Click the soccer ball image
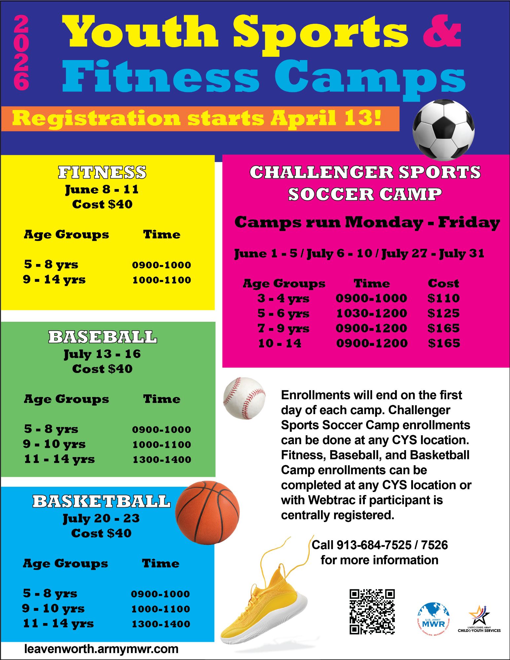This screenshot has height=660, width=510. pyautogui.click(x=443, y=130)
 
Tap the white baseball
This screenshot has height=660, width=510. pyautogui.click(x=244, y=398)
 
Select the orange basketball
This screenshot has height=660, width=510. pyautogui.click(x=207, y=512)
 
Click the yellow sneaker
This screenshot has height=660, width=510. pyautogui.click(x=264, y=601)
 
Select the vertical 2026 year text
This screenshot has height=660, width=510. pyautogui.click(x=21, y=53)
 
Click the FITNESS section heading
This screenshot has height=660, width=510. pyautogui.click(x=102, y=172)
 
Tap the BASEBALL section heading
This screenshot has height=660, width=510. pyautogui.click(x=103, y=337)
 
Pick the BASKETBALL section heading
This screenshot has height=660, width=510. pyautogui.click(x=101, y=501)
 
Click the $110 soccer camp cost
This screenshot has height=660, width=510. pyautogui.click(x=443, y=298)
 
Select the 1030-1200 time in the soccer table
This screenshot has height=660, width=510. pyautogui.click(x=371, y=313)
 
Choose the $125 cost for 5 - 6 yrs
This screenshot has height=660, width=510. pyautogui.click(x=443, y=313)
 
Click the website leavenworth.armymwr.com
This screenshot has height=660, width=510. pyautogui.click(x=101, y=649)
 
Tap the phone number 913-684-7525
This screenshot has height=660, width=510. pyautogui.click(x=374, y=545)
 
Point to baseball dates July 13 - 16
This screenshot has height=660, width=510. pyautogui.click(x=102, y=354)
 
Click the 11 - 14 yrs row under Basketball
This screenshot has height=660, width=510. pyautogui.click(x=58, y=623)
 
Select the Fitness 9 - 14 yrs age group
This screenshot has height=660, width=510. pyautogui.click(x=54, y=280)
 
